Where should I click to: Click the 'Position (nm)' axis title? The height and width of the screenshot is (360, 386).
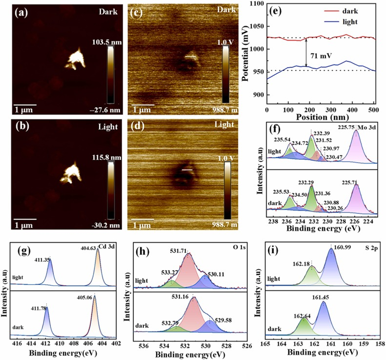[x=320, y=117]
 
